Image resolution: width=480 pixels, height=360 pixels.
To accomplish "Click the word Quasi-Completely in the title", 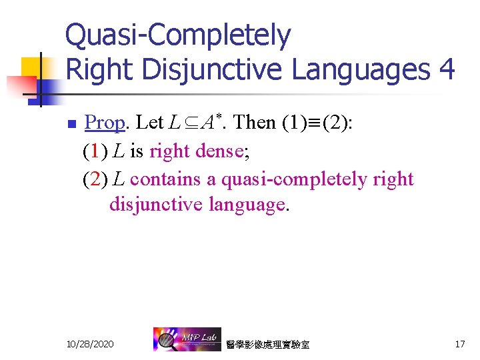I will pyautogui.click(x=178, y=36).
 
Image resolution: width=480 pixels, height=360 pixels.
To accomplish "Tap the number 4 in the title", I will pyautogui.click(x=446, y=69).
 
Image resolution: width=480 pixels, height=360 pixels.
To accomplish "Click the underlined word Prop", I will pyautogui.click(x=105, y=123).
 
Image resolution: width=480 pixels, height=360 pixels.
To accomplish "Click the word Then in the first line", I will pyautogui.click(x=255, y=123).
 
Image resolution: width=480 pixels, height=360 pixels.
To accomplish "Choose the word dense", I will pyautogui.click(x=220, y=151).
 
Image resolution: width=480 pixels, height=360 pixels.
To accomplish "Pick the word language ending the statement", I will pyautogui.click(x=247, y=205).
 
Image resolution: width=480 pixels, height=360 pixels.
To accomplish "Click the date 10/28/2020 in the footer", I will pyautogui.click(x=90, y=344).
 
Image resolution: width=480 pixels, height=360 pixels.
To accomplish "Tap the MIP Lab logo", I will pyautogui.click(x=183, y=339).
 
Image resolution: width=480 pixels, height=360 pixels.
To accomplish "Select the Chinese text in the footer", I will pyautogui.click(x=267, y=345).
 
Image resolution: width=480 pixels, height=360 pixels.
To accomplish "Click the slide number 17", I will pyautogui.click(x=459, y=344).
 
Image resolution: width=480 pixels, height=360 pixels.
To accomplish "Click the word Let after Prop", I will pyautogui.click(x=149, y=123).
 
